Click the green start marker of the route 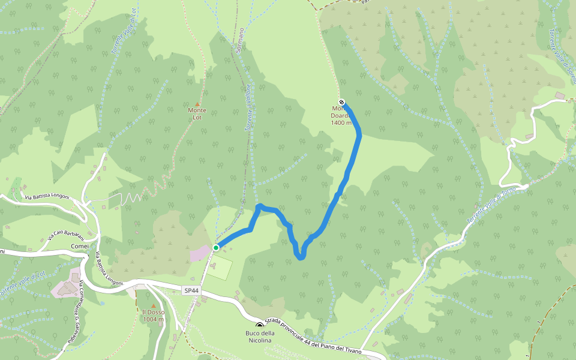[216, 247]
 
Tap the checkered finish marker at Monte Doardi [341, 102]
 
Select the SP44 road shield [191, 290]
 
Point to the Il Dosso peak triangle [153, 305]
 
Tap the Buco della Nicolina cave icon [259, 325]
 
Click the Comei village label [80, 246]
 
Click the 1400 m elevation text [341, 123]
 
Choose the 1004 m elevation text [153, 319]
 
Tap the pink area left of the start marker [200, 253]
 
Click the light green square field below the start [221, 269]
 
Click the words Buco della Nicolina [259, 337]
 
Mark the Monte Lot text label [197, 113]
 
